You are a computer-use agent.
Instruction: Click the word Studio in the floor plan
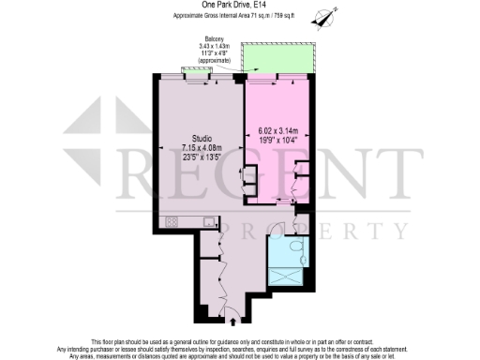194,138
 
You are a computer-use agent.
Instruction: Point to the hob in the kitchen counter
172,222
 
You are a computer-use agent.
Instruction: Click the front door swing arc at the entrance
228,309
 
